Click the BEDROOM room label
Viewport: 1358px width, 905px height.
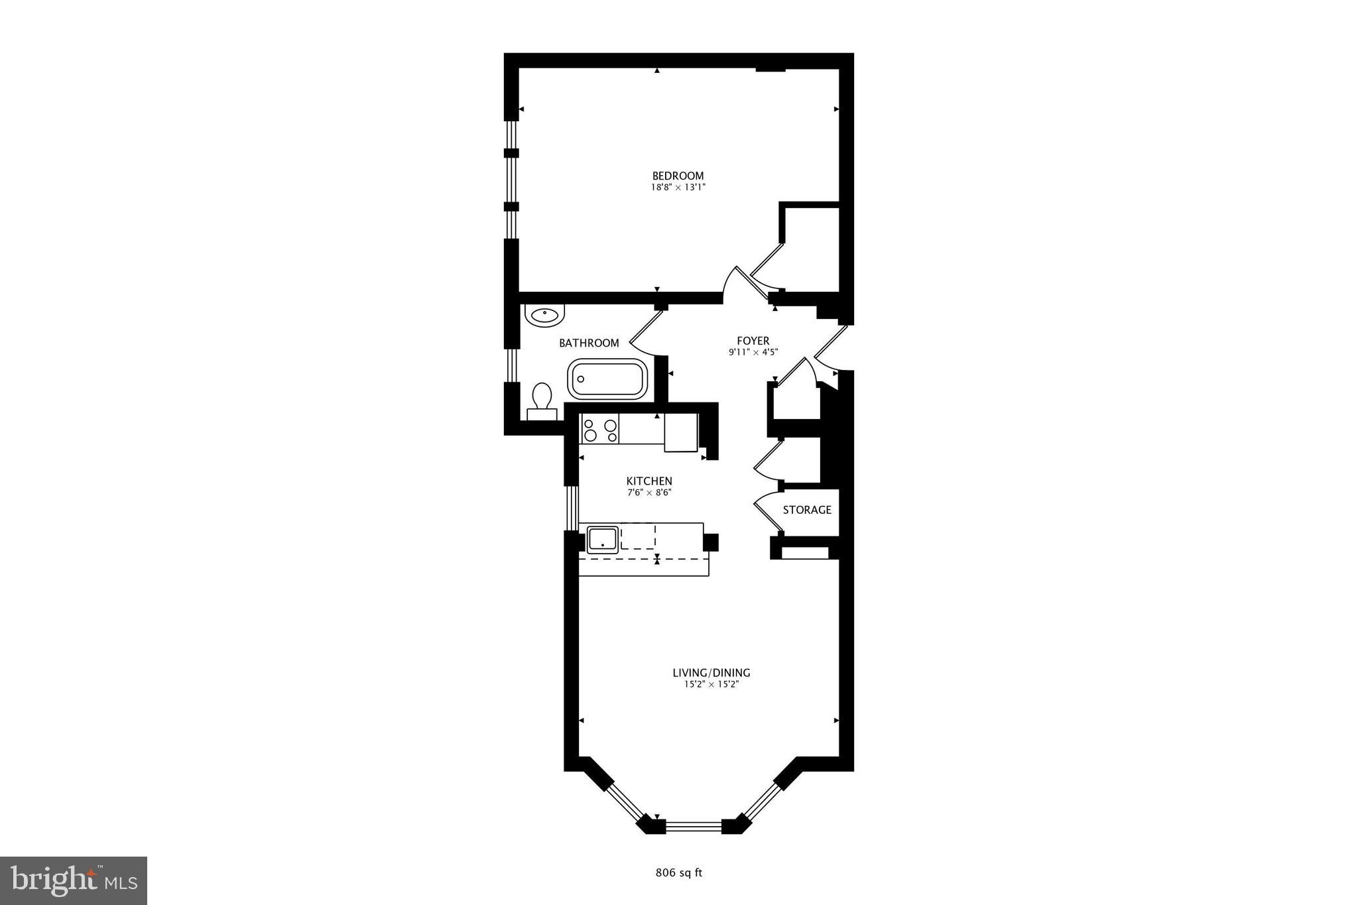point(678,176)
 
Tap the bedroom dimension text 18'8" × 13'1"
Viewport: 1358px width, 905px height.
point(678,188)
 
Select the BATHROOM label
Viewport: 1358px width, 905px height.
point(589,343)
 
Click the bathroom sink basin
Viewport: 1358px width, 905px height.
point(544,315)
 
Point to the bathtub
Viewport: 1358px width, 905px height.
point(607,379)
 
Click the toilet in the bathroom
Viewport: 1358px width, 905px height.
point(542,400)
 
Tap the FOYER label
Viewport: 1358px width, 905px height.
point(753,341)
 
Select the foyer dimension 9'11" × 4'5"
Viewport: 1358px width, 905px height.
point(753,353)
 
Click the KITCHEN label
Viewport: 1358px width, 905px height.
point(649,481)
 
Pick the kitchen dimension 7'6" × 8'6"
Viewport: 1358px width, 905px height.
point(649,493)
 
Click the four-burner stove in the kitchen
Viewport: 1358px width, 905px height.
point(599,429)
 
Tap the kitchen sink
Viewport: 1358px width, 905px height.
point(602,540)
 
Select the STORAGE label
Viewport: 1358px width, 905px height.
point(806,510)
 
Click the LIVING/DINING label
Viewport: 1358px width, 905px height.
point(711,672)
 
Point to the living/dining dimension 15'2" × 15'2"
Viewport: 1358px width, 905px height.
point(711,684)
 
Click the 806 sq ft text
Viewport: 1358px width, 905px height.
point(678,873)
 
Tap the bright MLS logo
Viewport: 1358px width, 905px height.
point(74,880)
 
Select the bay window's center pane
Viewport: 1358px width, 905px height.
point(693,826)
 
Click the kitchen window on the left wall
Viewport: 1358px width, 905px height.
point(572,508)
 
